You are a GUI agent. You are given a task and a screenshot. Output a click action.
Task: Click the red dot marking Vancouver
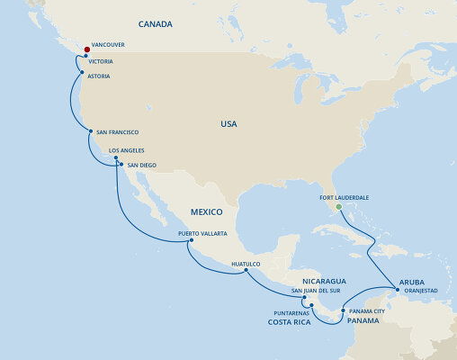point(86,49)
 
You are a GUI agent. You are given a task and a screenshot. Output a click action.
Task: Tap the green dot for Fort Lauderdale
point(338,206)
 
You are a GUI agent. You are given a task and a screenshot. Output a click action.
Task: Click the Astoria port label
point(99,76)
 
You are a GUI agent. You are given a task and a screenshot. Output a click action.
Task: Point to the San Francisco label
point(118,132)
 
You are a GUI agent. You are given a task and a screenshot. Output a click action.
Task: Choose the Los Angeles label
point(126,150)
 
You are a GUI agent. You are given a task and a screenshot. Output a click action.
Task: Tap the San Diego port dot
point(121,165)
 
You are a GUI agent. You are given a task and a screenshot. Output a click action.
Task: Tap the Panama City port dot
point(342,310)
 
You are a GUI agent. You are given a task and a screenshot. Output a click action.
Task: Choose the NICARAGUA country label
point(325,281)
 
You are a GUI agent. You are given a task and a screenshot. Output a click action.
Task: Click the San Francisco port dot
point(90,131)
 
